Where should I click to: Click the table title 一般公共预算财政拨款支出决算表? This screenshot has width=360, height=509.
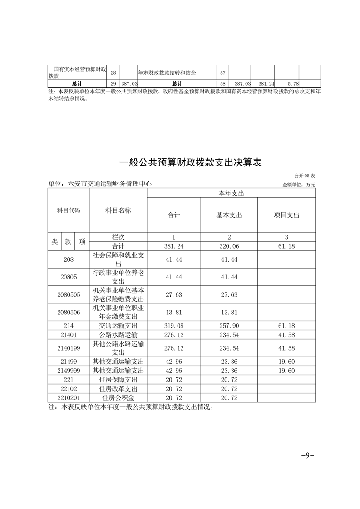tap(190, 162)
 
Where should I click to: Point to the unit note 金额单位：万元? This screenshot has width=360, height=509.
tap(298, 185)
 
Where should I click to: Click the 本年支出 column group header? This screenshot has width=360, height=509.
tap(231, 193)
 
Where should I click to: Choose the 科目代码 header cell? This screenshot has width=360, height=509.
tap(69, 210)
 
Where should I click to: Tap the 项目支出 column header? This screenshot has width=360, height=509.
tap(286, 215)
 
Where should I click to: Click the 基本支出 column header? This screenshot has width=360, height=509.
tap(229, 215)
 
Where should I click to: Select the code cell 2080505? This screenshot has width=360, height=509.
tap(69, 294)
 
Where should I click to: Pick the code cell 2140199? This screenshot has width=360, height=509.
tap(69, 348)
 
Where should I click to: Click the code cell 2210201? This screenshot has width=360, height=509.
tap(69, 397)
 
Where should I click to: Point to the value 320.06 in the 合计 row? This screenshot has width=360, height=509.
tap(229, 245)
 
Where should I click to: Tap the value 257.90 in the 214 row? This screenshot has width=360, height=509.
tap(229, 325)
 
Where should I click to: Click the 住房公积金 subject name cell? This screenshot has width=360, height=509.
tap(118, 397)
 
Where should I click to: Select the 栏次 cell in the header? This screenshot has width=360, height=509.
tap(118, 237)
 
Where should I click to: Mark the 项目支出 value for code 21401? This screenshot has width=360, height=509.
tap(286, 334)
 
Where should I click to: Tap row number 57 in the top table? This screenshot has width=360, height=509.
tap(223, 73)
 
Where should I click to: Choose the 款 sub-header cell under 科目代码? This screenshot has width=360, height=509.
tap(68, 241)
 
